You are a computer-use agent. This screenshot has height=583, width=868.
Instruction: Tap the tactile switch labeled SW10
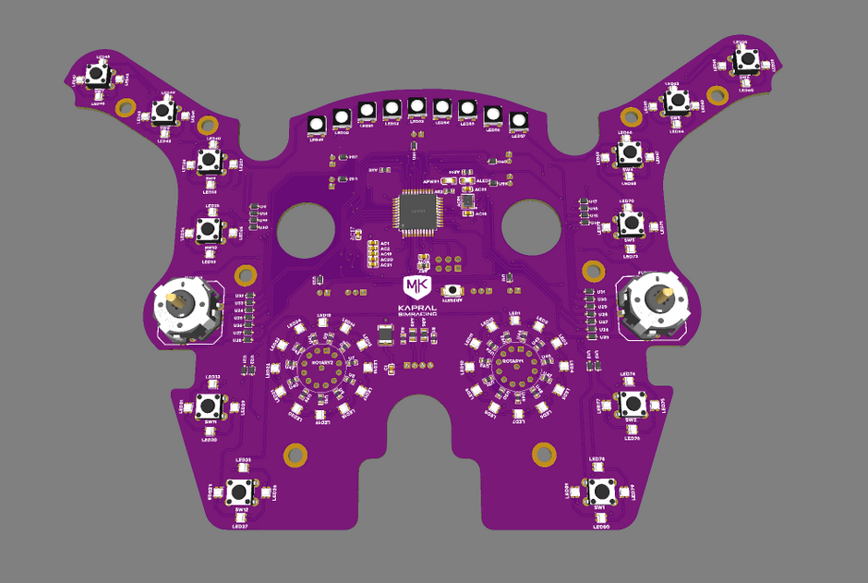coord(211,228)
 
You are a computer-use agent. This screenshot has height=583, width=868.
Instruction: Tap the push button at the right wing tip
coord(744,61)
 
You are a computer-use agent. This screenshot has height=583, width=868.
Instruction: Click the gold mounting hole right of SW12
coord(295,454)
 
